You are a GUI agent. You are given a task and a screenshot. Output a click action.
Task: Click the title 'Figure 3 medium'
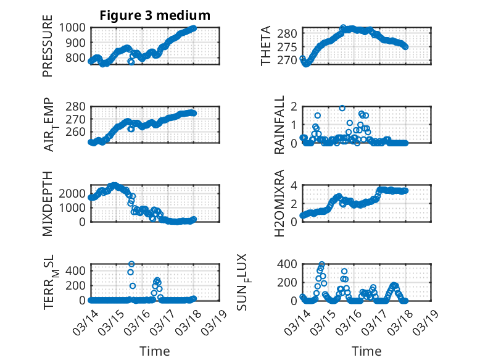[x=155, y=15]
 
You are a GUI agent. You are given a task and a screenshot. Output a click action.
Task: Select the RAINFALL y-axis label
[x=279, y=125]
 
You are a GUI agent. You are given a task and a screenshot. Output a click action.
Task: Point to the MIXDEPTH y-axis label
[x=48, y=203]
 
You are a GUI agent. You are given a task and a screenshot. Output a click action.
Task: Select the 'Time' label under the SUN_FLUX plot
[x=366, y=351]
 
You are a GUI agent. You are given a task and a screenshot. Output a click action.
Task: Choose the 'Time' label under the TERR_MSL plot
[x=155, y=351]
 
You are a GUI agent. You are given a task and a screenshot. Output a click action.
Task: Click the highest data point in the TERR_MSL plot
[x=131, y=264]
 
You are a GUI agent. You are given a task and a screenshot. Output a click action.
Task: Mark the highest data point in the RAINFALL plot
[x=342, y=108]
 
